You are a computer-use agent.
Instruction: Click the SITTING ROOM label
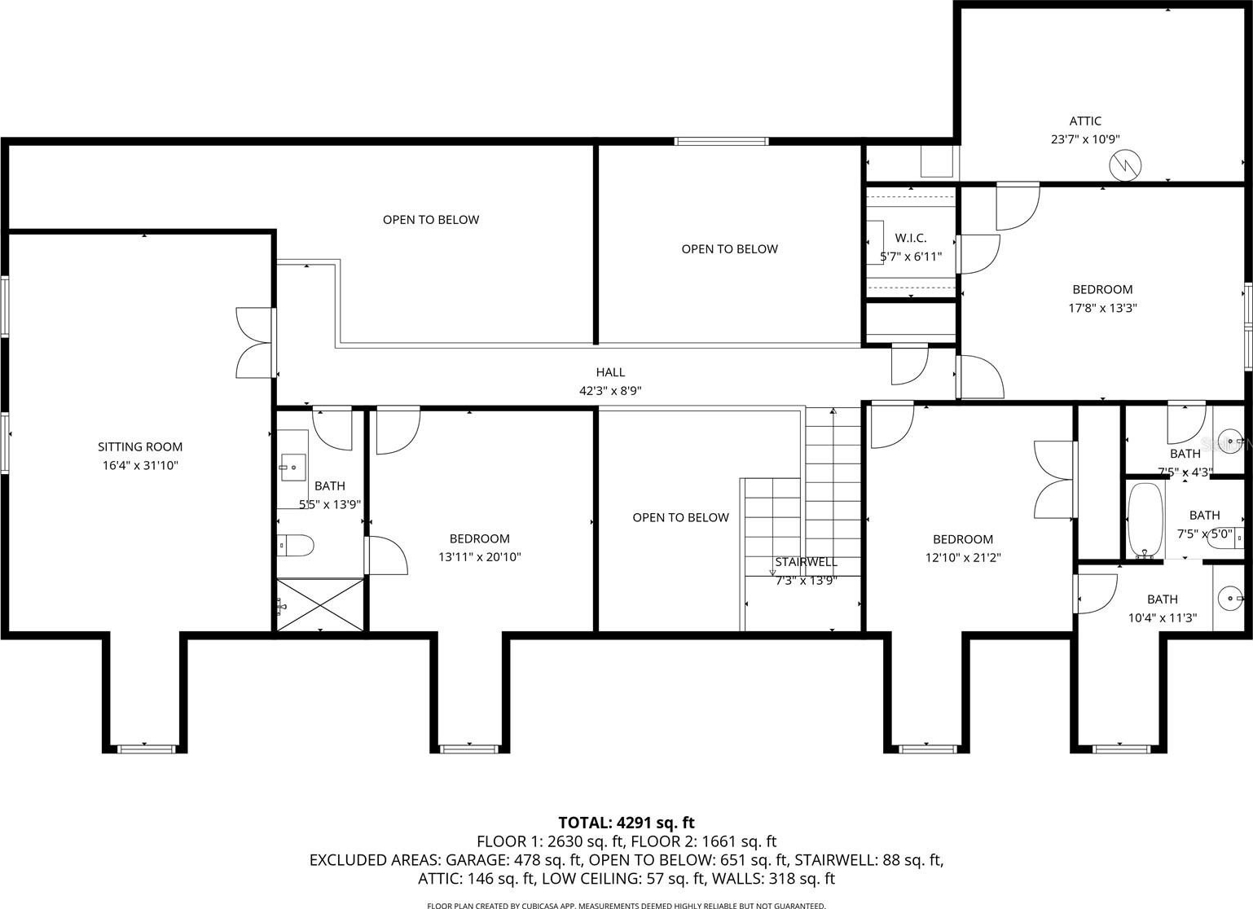(x=140, y=446)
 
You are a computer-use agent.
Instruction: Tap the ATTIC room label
(x=1085, y=121)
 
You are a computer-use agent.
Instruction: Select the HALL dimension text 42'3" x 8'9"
(x=610, y=390)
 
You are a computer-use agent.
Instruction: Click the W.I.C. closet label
(x=911, y=238)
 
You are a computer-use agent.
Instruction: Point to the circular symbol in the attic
(x=1125, y=165)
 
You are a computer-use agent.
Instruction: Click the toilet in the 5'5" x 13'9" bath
(x=296, y=545)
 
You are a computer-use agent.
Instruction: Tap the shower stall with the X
(x=320, y=605)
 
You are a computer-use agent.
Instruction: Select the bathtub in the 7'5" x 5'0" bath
(x=1145, y=520)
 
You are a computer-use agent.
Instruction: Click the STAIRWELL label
(x=806, y=562)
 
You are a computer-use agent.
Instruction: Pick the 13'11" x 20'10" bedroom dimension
(x=479, y=556)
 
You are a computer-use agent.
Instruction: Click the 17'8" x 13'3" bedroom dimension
(x=1102, y=308)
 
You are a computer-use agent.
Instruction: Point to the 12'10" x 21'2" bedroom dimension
(x=963, y=557)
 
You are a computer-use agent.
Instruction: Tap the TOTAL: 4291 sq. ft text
(x=626, y=823)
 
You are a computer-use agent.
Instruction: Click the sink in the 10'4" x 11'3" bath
(x=1231, y=598)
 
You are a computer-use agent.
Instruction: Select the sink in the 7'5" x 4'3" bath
(x=1231, y=442)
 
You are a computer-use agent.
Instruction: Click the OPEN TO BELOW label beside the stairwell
(x=681, y=517)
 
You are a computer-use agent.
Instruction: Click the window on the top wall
(x=721, y=142)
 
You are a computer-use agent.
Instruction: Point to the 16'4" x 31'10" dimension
(x=140, y=465)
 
